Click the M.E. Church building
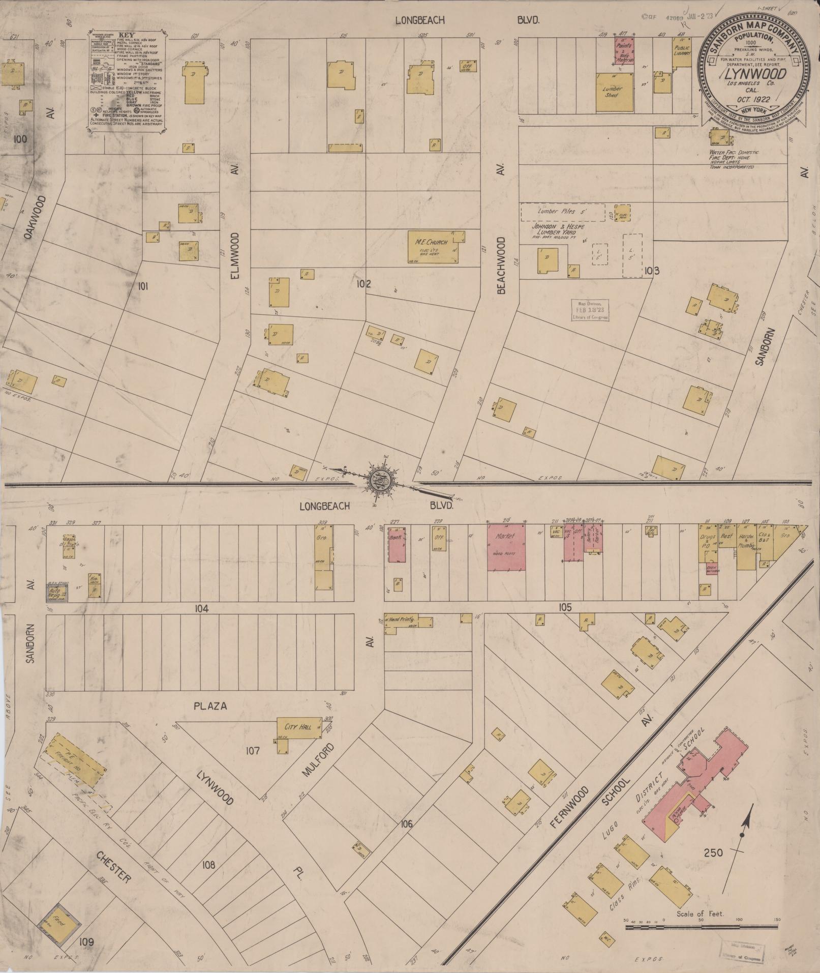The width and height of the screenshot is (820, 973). click(436, 247)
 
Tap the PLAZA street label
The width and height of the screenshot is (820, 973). click(210, 706)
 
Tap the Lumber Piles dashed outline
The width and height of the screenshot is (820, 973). click(562, 211)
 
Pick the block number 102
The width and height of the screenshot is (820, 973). click(364, 284)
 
